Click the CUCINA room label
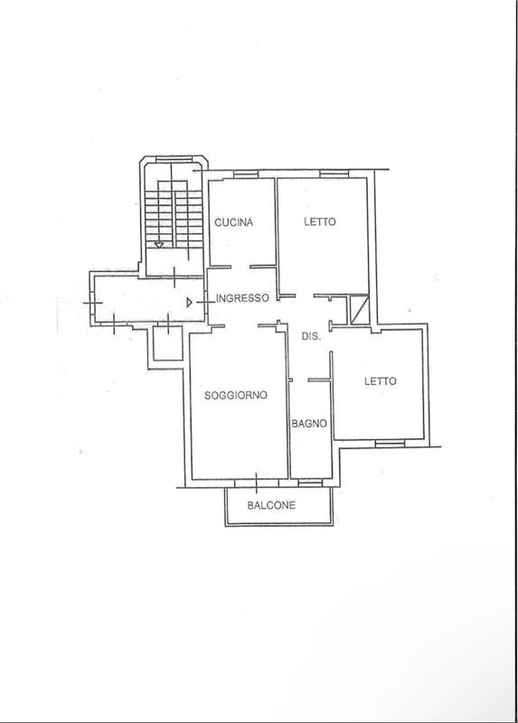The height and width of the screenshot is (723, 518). [234, 222]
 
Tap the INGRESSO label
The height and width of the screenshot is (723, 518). [242, 298]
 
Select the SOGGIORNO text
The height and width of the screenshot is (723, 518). [236, 395]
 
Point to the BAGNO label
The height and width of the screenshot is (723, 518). [309, 423]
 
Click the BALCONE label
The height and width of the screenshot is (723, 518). [271, 505]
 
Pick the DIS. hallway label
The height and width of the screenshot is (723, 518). [311, 336]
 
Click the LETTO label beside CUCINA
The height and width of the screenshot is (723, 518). [320, 221]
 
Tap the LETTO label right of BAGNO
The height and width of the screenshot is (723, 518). [380, 381]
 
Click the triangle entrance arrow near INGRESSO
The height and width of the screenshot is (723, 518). [189, 303]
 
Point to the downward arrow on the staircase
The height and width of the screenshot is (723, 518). [159, 244]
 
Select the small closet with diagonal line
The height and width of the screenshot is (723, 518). [359, 309]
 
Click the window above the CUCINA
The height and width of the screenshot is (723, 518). [245, 174]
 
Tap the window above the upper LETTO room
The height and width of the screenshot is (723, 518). [334, 174]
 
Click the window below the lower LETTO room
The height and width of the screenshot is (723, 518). [390, 444]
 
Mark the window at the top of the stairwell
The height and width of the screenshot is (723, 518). [173, 159]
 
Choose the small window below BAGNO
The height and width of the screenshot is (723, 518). [310, 483]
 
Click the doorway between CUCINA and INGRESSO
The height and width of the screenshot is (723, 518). [240, 267]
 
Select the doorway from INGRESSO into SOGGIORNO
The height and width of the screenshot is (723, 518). [241, 326]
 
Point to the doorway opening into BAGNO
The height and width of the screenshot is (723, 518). [300, 380]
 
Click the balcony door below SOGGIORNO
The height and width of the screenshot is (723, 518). [257, 483]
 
